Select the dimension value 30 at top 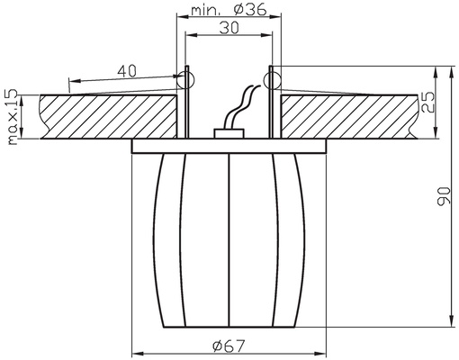pos(229,28)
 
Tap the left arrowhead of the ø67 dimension pos(138,350)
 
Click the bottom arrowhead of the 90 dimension pos(450,319)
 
